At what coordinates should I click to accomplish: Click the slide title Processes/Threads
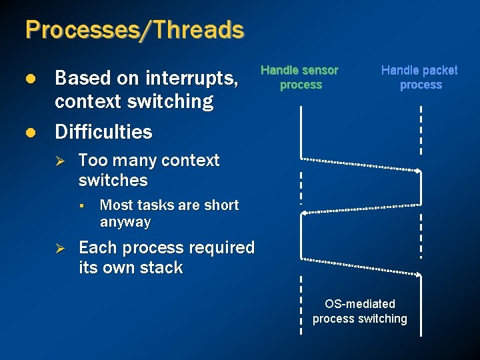(135, 30)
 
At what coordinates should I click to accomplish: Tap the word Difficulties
(103, 132)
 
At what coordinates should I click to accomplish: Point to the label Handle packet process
(419, 77)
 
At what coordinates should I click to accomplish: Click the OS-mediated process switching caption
(360, 311)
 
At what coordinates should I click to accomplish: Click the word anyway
(125, 222)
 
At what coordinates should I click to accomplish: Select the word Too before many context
(92, 161)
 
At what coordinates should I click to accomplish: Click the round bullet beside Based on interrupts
(30, 79)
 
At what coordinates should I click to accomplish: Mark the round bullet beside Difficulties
(30, 132)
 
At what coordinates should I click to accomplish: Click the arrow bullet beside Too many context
(58, 161)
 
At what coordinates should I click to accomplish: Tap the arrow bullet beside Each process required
(58, 248)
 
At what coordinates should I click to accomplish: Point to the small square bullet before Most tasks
(79, 205)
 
